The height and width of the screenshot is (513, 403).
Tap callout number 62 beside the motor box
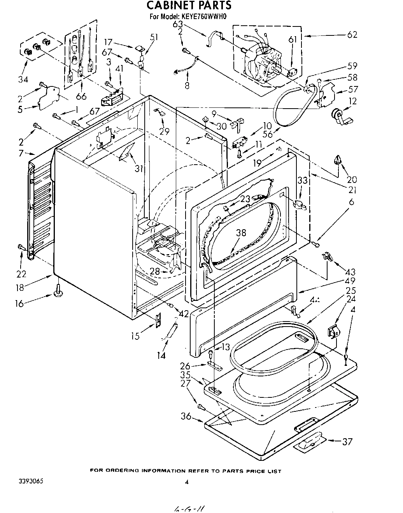point(352,35)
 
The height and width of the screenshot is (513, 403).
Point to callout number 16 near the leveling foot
point(19,303)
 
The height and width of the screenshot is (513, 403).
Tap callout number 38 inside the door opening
point(241,233)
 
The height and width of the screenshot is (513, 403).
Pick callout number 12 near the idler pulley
point(352,102)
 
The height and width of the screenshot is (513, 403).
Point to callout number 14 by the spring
point(161,355)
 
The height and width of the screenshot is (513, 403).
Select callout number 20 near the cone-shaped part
point(352,179)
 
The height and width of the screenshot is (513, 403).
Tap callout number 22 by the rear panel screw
point(21,274)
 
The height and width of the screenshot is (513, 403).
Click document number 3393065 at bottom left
point(31,481)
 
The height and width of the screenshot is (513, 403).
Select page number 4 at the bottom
point(187,482)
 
